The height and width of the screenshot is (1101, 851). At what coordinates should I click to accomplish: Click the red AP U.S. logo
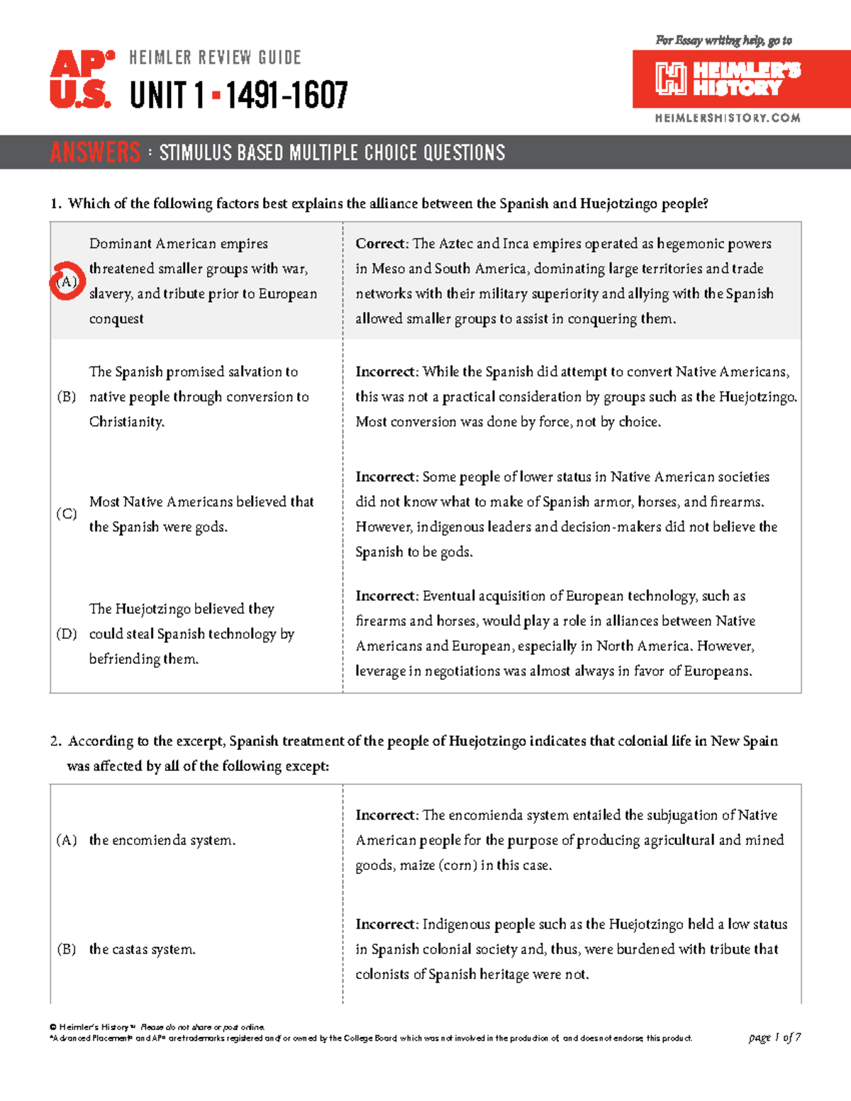81,79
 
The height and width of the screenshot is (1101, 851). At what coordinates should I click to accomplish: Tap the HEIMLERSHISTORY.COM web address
728,118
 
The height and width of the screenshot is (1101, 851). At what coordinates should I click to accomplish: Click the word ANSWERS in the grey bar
96,152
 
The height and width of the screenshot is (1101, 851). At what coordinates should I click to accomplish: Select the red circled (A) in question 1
67,281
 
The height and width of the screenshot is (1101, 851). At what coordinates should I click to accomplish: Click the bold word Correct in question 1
380,244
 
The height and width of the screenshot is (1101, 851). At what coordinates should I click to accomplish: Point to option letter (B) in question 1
67,397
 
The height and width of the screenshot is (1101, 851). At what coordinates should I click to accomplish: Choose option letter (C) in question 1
67,514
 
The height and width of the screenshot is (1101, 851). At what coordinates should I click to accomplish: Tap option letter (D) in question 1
67,634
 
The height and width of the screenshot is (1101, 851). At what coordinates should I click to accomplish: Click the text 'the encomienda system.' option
162,841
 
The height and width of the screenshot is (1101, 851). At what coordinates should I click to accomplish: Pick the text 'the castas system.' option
142,949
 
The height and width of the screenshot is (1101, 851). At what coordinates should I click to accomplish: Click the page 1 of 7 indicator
774,1038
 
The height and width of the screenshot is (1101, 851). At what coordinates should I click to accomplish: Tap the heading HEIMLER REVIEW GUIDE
215,57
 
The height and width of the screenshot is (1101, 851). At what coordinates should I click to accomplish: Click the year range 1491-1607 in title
287,95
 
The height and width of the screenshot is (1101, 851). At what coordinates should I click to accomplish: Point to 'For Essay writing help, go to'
723,40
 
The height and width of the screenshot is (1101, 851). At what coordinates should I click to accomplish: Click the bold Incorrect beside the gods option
386,477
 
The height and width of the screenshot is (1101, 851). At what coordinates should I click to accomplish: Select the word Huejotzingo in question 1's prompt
618,204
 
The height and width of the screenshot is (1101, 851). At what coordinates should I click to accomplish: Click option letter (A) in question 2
67,841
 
